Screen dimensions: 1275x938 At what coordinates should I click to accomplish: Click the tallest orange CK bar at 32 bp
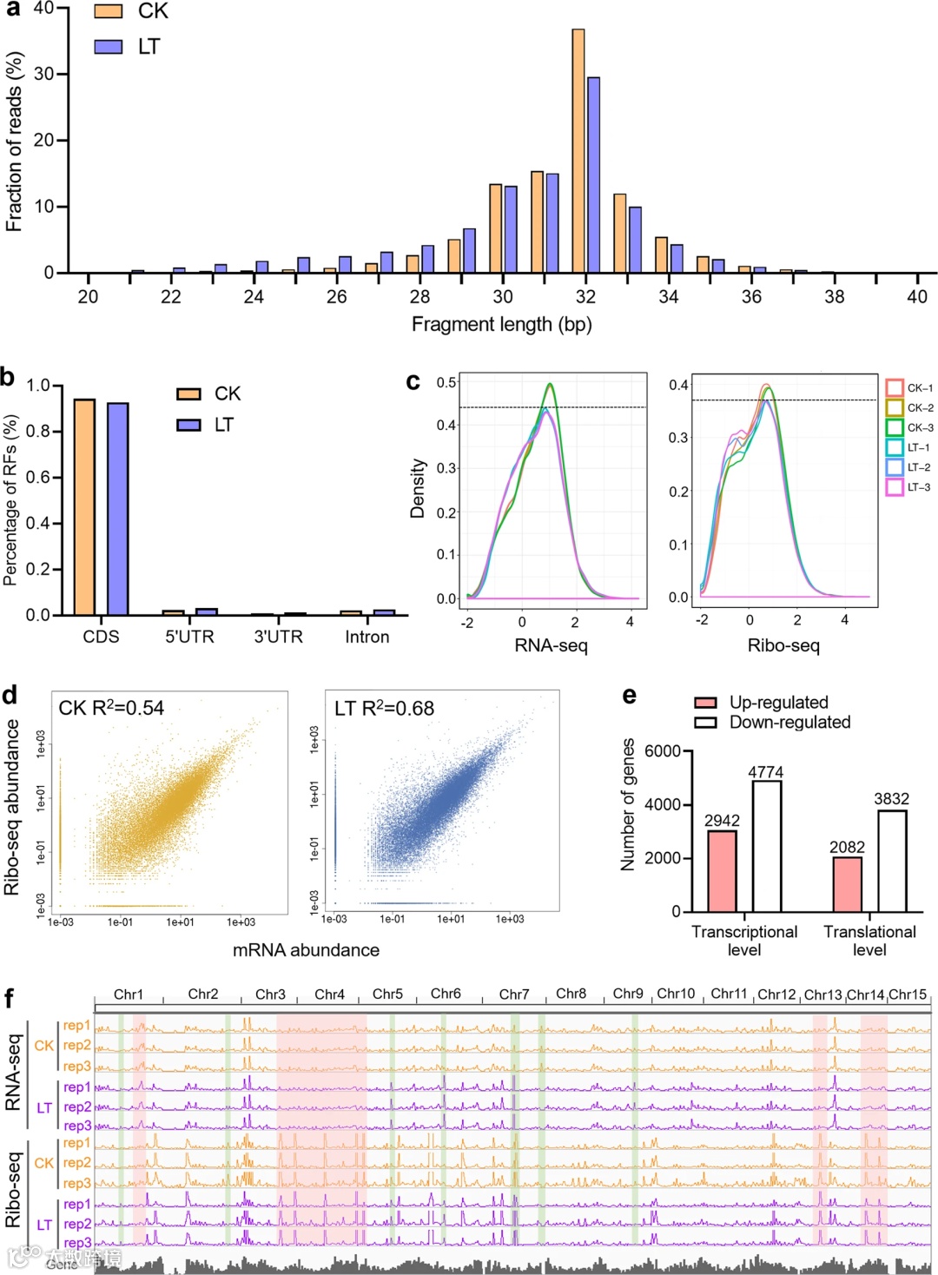[x=578, y=151]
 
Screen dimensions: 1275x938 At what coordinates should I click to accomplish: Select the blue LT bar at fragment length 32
[x=594, y=175]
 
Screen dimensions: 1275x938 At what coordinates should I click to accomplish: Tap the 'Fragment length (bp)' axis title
[x=501, y=325]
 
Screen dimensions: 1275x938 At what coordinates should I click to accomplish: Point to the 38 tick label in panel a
[x=834, y=297]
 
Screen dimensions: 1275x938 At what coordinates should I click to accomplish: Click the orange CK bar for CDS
[x=84, y=507]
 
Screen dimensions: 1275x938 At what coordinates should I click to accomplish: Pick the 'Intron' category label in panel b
[x=367, y=637]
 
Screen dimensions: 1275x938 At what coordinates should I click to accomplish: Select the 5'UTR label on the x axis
[x=189, y=637]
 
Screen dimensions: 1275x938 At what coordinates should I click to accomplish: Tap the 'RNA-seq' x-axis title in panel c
[x=551, y=646]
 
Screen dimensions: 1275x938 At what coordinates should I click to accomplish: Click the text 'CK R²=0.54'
[x=111, y=708]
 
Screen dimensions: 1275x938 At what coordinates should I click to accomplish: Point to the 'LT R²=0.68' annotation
[x=384, y=708]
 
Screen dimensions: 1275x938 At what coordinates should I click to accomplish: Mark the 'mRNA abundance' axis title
[x=306, y=950]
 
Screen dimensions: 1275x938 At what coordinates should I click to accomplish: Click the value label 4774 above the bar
[x=766, y=772]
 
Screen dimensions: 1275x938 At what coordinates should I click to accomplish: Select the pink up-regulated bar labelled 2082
[x=847, y=884]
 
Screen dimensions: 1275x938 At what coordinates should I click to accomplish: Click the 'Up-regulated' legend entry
[x=778, y=703]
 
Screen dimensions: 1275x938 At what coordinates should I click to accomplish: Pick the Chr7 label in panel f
[x=514, y=994]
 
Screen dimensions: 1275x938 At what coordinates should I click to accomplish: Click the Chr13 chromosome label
[x=822, y=995]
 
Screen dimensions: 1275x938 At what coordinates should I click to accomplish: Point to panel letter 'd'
[x=10, y=696]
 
